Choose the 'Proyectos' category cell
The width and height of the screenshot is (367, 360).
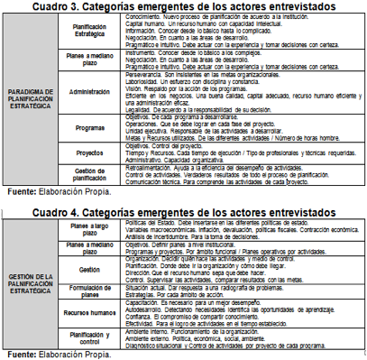tap(96, 152)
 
